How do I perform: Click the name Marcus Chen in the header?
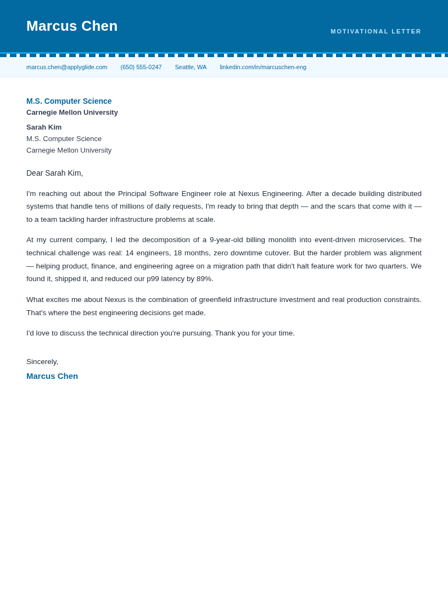tap(72, 26)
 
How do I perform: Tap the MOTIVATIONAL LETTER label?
tap(376, 31)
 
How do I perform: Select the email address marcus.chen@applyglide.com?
tap(66, 67)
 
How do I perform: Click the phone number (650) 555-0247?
tap(141, 67)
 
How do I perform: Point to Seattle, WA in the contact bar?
tap(191, 67)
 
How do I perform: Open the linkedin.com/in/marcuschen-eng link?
tap(263, 67)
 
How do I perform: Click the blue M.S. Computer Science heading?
tap(69, 101)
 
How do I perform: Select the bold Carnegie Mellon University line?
tap(72, 113)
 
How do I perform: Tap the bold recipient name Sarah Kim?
tap(44, 127)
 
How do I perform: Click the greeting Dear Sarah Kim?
tap(54, 173)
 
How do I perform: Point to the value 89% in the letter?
tap(204, 279)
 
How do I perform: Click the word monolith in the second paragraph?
tap(281, 240)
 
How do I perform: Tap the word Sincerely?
tap(42, 362)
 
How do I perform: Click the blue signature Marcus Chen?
tap(52, 376)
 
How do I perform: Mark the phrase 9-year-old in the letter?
tap(226, 240)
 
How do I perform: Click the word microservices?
tap(382, 240)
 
